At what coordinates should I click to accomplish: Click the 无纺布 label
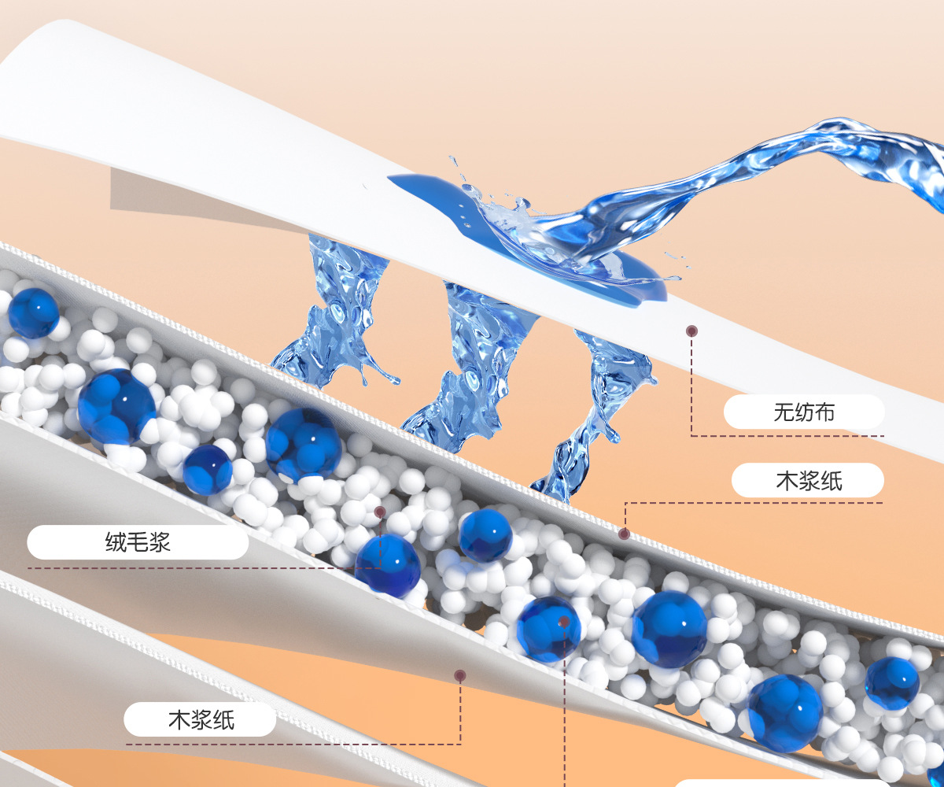pyautogui.click(x=803, y=412)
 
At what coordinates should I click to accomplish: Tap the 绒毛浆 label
pyautogui.click(x=138, y=542)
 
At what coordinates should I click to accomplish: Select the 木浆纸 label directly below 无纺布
pyautogui.click(x=809, y=480)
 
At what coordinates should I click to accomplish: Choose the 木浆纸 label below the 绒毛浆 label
pyautogui.click(x=201, y=719)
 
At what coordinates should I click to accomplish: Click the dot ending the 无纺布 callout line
pyautogui.click(x=691, y=331)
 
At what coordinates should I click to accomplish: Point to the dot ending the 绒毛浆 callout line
pyautogui.click(x=380, y=512)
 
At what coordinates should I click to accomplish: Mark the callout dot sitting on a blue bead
pyautogui.click(x=563, y=622)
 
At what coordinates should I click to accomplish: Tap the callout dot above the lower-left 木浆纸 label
pyautogui.click(x=460, y=675)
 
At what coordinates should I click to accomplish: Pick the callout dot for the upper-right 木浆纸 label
pyautogui.click(x=624, y=534)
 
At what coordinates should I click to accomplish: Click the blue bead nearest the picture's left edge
pyautogui.click(x=33, y=312)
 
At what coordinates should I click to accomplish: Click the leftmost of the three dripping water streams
pyautogui.click(x=334, y=315)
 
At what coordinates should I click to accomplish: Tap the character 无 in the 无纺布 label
pyautogui.click(x=781, y=412)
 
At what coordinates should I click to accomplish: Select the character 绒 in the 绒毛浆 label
pyautogui.click(x=116, y=542)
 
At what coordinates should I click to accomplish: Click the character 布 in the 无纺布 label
pyautogui.click(x=825, y=412)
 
